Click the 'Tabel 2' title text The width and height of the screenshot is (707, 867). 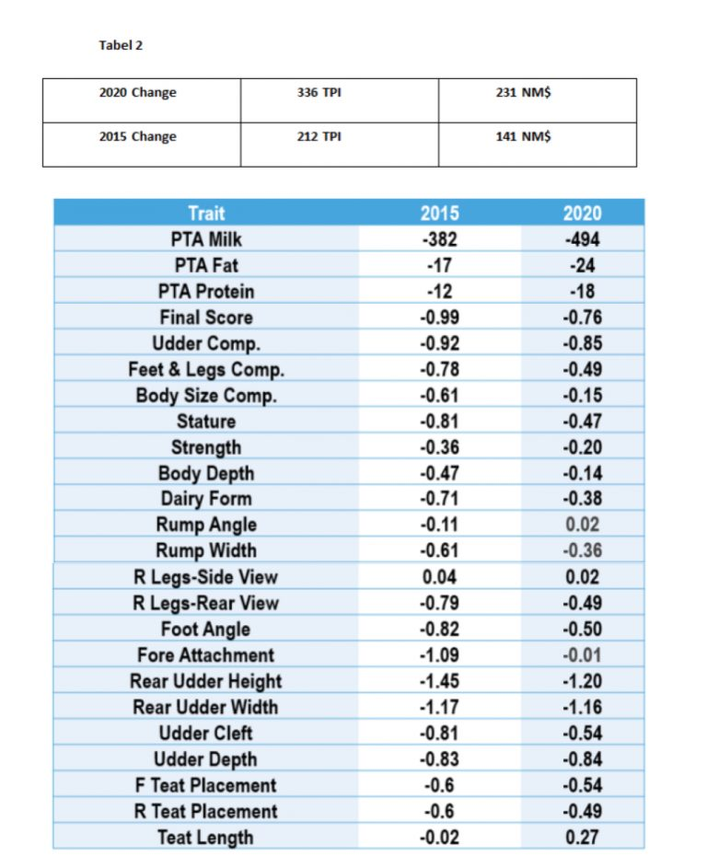(121, 45)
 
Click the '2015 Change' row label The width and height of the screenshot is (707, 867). (138, 136)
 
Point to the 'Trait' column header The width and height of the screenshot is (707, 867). (206, 214)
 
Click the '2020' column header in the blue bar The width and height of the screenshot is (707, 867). (582, 214)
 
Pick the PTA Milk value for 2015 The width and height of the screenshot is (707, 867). (440, 239)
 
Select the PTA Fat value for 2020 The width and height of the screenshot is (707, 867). (583, 265)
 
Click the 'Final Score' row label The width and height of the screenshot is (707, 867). (206, 318)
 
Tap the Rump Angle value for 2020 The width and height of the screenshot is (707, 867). (583, 525)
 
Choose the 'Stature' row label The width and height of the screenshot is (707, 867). (206, 422)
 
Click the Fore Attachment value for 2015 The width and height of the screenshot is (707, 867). (439, 655)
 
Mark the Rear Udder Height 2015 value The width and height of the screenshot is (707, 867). (439, 681)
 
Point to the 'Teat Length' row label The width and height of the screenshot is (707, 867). (206, 838)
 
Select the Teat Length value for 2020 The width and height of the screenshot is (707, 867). (582, 838)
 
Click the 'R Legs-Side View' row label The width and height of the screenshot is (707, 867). (206, 577)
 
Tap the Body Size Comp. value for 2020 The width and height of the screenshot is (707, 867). (583, 396)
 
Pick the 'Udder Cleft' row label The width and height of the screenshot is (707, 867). (206, 734)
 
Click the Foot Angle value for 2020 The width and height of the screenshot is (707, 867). (583, 630)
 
